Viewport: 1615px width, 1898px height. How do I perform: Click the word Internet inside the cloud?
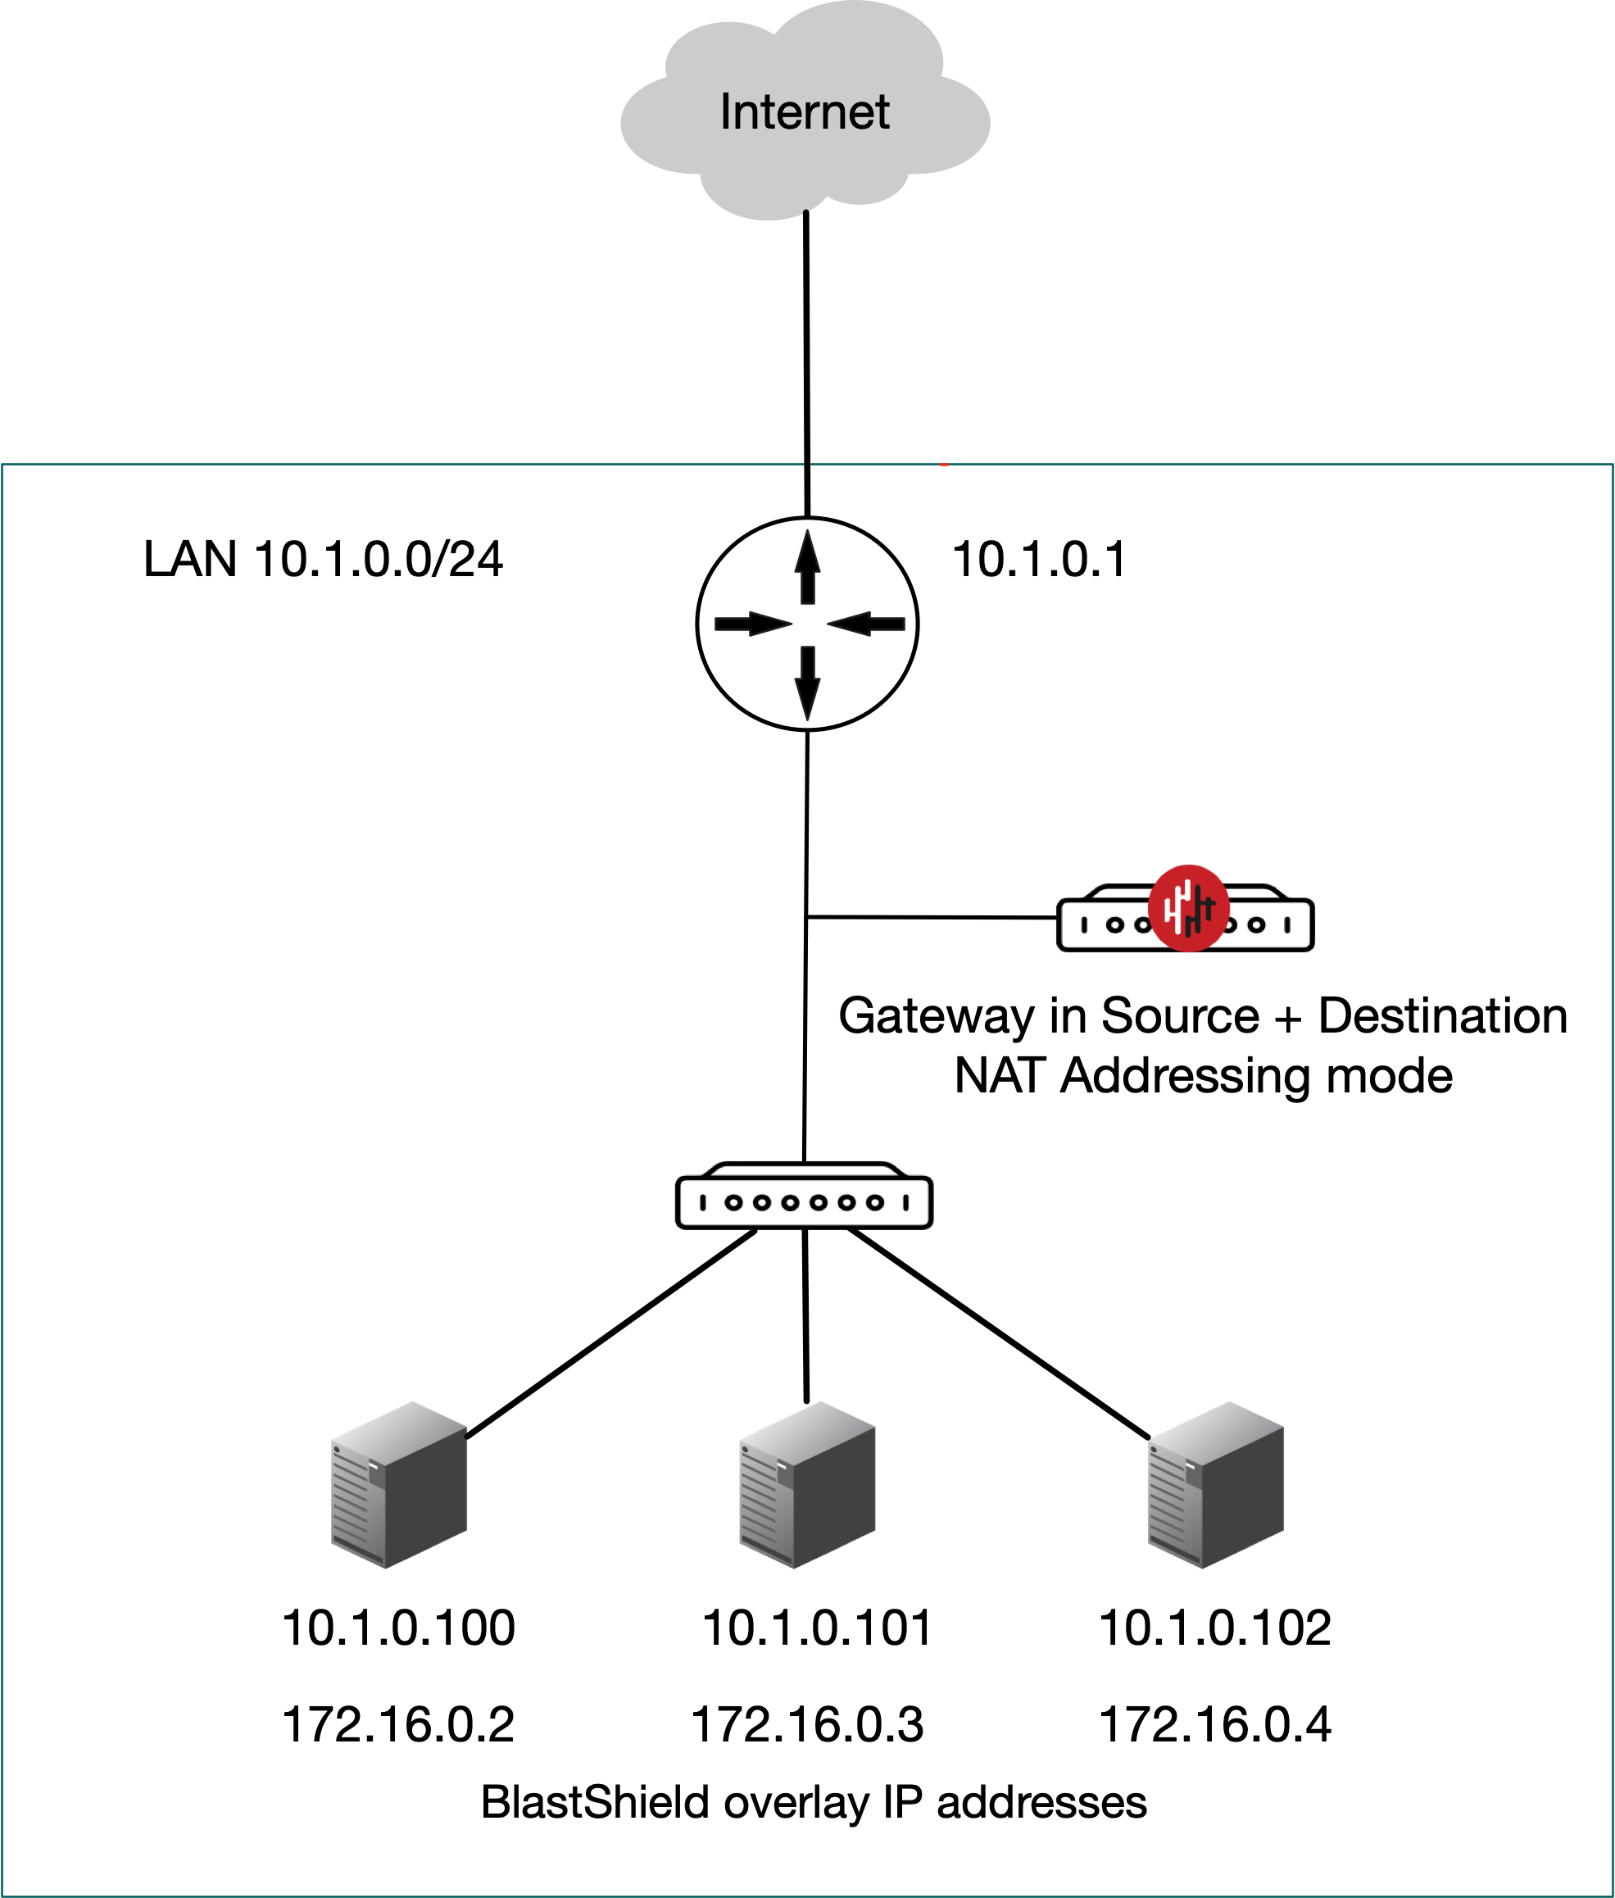pos(804,111)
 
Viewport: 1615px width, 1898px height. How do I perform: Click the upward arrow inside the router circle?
pos(806,568)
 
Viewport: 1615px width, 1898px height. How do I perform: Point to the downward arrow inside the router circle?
pos(806,682)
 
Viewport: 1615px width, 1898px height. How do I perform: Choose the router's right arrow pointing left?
pos(866,624)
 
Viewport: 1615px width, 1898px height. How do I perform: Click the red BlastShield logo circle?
pos(1188,908)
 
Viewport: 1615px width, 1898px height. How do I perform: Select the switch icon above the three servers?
pos(804,1196)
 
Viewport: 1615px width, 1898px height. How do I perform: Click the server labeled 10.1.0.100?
pos(399,1485)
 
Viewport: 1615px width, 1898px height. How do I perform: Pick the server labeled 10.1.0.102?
pos(1216,1485)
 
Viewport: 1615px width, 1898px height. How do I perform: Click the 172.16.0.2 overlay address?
pos(398,1725)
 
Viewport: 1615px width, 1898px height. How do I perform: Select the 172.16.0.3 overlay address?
pos(806,1725)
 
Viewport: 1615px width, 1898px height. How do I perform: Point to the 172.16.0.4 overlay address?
pos(1214,1725)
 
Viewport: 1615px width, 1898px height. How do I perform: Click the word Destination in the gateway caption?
pos(1442,1016)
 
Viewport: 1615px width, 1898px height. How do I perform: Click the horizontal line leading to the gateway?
pos(929,916)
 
